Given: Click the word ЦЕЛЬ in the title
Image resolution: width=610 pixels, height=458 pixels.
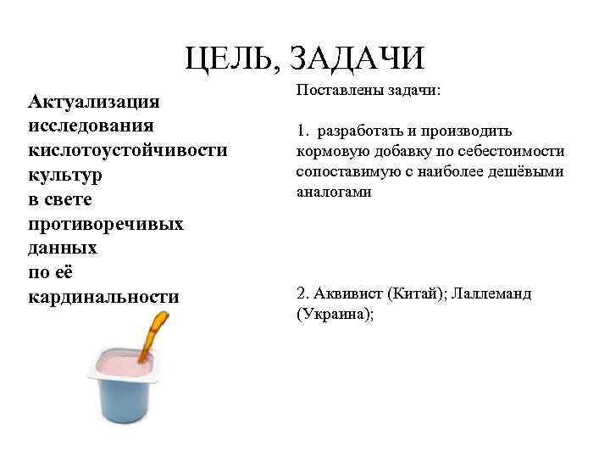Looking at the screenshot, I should (x=229, y=59).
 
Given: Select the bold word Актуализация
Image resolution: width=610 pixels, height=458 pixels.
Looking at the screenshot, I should (x=94, y=103).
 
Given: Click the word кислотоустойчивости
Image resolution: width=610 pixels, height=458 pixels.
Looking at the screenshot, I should (x=128, y=150).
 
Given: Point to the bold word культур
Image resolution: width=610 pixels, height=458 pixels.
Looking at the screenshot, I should (x=65, y=175).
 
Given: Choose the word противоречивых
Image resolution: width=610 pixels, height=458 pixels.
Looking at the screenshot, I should (x=106, y=224).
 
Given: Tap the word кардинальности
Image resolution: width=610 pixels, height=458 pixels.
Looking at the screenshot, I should (x=103, y=297).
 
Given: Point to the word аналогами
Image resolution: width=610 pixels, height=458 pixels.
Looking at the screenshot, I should (x=334, y=192).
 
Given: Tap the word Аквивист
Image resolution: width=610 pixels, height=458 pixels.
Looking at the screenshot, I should (x=347, y=294).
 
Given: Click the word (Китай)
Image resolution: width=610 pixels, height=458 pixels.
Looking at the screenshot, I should (x=417, y=294).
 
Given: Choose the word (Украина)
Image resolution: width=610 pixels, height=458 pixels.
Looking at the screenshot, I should (x=335, y=314).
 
